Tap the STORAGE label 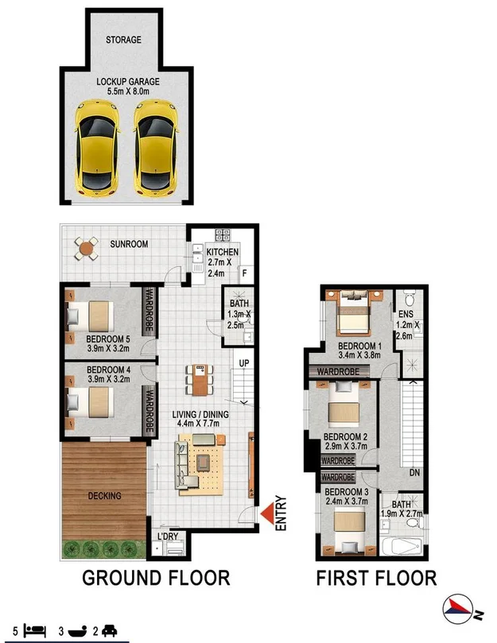pyautogui.click(x=124, y=40)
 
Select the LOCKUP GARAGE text pyautogui.click(x=128, y=82)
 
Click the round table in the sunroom pyautogui.click(x=85, y=249)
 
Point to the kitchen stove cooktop pyautogui.click(x=223, y=235)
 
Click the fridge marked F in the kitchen pyautogui.click(x=244, y=273)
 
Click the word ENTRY pyautogui.click(x=281, y=513)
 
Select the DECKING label pyautogui.click(x=104, y=496)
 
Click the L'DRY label pyautogui.click(x=167, y=536)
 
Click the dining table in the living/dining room pyautogui.click(x=200, y=380)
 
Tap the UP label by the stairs pyautogui.click(x=245, y=363)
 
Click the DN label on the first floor pyautogui.click(x=414, y=472)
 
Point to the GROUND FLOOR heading pyautogui.click(x=156, y=578)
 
